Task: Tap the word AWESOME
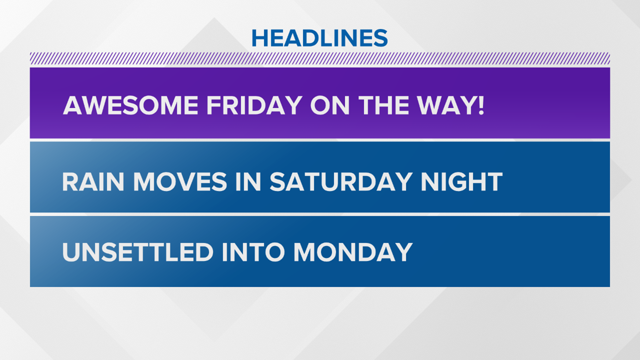coord(131,105)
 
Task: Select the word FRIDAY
coord(254,105)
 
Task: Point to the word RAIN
coord(93,182)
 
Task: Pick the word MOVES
coord(180,182)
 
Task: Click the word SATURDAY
coord(341,182)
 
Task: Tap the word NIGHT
coord(462,182)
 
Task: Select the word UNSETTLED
coord(138,252)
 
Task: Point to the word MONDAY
coord(353,252)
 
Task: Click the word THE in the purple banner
coord(383,105)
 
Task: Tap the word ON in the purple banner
coord(330,105)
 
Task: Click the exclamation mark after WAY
coord(481,105)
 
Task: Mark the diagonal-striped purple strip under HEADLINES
coord(320,58)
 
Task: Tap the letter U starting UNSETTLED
coord(71,252)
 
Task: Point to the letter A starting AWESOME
coord(73,105)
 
